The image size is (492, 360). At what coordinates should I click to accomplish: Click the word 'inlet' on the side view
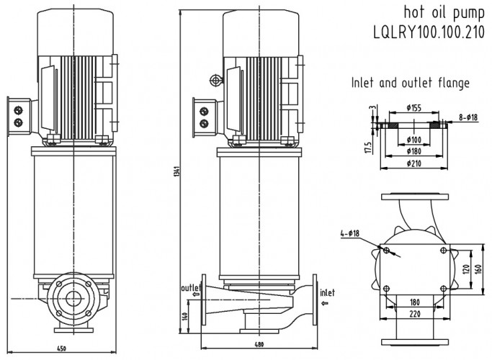(328, 292)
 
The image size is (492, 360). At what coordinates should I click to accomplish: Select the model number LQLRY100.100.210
(430, 35)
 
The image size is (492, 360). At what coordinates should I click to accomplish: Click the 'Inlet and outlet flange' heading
(410, 83)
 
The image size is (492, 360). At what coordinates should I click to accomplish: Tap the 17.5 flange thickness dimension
(367, 147)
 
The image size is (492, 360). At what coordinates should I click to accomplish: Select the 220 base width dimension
(415, 315)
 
